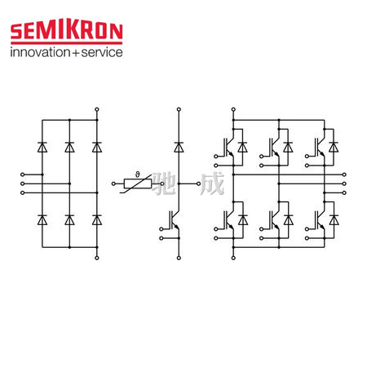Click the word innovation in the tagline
pyautogui.click(x=40, y=52)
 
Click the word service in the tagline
pyautogui.click(x=102, y=52)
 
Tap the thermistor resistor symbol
pyautogui.click(x=138, y=183)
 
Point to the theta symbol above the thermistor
pyautogui.click(x=137, y=175)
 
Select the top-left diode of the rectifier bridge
pyautogui.click(x=42, y=147)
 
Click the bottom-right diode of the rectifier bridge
pyautogui.click(x=97, y=220)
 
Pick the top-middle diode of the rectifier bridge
pyautogui.click(x=69, y=147)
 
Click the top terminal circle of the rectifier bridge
pyautogui.click(x=97, y=109)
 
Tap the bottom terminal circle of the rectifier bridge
pyautogui.click(x=97, y=258)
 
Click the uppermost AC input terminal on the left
pyautogui.click(x=23, y=175)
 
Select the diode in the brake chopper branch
pyautogui.click(x=179, y=147)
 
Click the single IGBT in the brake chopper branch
pyautogui.click(x=174, y=220)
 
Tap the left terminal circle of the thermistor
pyautogui.click(x=113, y=183)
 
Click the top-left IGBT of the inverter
pyautogui.click(x=228, y=147)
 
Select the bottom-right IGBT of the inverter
pyautogui.click(x=320, y=220)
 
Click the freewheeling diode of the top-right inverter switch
pyautogui.click(x=334, y=147)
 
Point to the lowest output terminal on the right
pyautogui.click(x=344, y=192)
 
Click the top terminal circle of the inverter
pyautogui.click(x=233, y=109)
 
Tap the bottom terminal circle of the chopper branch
pyautogui.click(x=179, y=258)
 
